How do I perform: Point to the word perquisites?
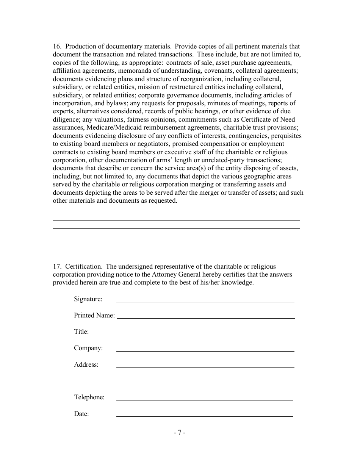284,136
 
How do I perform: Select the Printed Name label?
94,315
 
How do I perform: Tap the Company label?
88,348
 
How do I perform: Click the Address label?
86,364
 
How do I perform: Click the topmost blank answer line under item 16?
176,211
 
